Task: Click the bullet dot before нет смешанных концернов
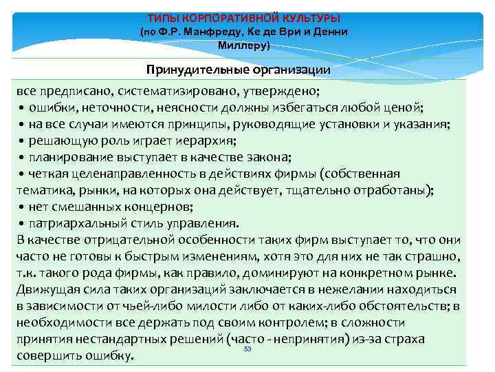(x=22, y=207)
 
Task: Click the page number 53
(x=248, y=350)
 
